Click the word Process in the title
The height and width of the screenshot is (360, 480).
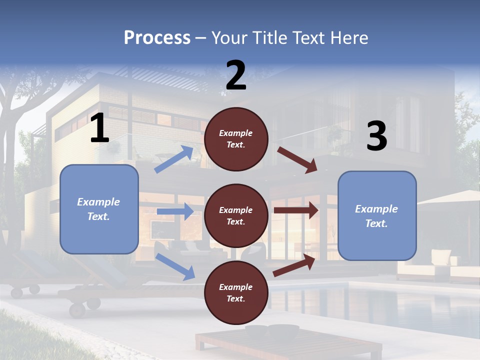click(x=157, y=38)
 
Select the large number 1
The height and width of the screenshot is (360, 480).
click(x=99, y=128)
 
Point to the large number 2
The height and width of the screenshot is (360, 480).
click(x=236, y=75)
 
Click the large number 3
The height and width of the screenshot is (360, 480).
click(x=376, y=136)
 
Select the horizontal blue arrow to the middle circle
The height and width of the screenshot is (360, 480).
click(x=175, y=211)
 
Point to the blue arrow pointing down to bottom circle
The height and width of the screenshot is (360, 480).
click(x=175, y=266)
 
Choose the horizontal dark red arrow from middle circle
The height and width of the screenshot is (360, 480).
click(x=296, y=210)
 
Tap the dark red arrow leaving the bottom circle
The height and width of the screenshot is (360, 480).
click(x=294, y=265)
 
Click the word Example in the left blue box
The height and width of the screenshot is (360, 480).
click(x=98, y=202)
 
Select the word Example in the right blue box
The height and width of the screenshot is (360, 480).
click(x=376, y=209)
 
